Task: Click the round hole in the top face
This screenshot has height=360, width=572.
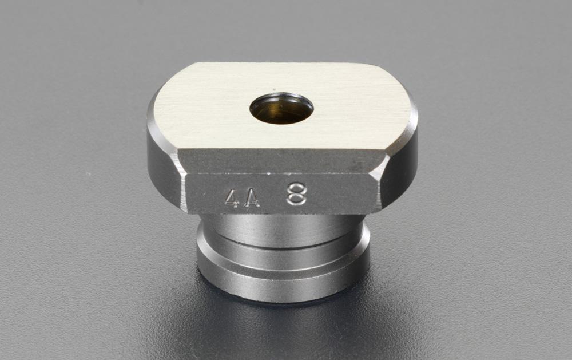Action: click(x=281, y=108)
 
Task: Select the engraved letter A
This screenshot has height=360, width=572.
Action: click(x=251, y=198)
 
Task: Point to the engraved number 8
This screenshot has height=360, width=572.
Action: click(x=296, y=194)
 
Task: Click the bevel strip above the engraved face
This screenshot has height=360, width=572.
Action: click(x=280, y=161)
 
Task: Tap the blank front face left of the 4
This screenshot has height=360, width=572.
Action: click(x=203, y=195)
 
